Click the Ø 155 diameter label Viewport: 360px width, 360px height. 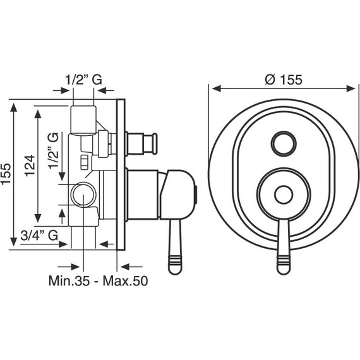pyautogui.click(x=284, y=80)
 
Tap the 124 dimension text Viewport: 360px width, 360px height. pyautogui.click(x=30, y=165)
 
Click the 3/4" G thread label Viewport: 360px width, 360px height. pyautogui.click(x=39, y=236)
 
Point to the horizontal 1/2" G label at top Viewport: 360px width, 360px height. pyautogui.click(x=83, y=80)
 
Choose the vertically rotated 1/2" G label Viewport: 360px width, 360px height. pyautogui.click(x=53, y=151)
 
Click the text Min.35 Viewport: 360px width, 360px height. pyautogui.click(x=69, y=280)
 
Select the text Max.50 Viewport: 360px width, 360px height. pyautogui.click(x=125, y=280)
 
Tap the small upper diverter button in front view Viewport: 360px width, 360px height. pyautogui.click(x=284, y=144)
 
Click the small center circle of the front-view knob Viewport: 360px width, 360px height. pyautogui.click(x=284, y=195)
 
